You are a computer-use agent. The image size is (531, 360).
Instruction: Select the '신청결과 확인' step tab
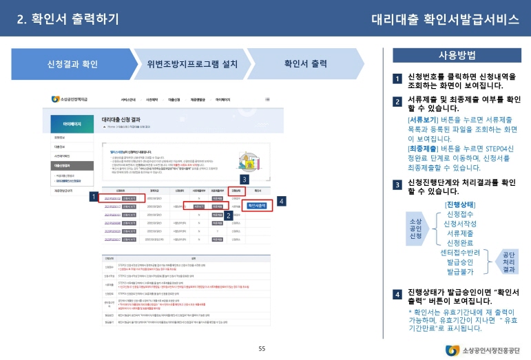72,65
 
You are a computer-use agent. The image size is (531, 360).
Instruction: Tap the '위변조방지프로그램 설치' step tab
192,65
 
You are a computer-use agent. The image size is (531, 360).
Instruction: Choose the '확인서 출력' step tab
305,65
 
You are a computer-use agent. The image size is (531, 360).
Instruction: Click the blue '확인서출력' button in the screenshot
256,205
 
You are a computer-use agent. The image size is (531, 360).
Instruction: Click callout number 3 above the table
244,180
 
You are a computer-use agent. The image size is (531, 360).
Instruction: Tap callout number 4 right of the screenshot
282,201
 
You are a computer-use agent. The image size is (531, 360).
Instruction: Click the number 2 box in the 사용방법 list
397,103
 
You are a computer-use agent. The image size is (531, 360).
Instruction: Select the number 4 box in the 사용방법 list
397,295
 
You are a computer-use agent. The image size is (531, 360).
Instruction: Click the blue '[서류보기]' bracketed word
422,118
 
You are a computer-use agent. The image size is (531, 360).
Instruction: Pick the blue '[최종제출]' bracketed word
422,148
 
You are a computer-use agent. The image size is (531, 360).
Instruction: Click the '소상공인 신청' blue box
416,226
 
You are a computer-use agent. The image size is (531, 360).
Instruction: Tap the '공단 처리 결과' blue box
509,262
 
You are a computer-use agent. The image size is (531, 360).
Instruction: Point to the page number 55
262,349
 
